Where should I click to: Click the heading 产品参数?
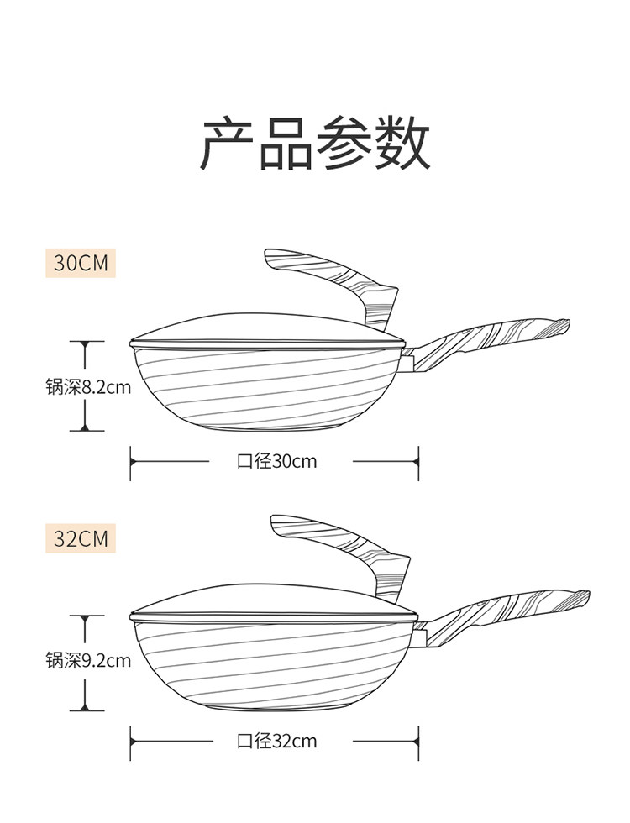point(315,144)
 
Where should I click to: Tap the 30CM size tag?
point(81,262)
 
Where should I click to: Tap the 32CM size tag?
point(81,538)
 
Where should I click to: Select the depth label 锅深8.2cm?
point(88,387)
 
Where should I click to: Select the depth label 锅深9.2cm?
point(88,660)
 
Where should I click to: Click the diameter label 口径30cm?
point(276,461)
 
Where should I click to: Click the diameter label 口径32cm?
point(276,741)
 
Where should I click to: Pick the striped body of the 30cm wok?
point(268,388)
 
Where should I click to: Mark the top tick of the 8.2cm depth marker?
point(87,341)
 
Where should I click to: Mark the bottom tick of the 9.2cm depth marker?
point(87,710)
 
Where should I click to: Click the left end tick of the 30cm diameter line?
point(131,463)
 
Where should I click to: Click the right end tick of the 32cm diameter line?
point(418,742)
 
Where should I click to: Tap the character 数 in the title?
point(402,144)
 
